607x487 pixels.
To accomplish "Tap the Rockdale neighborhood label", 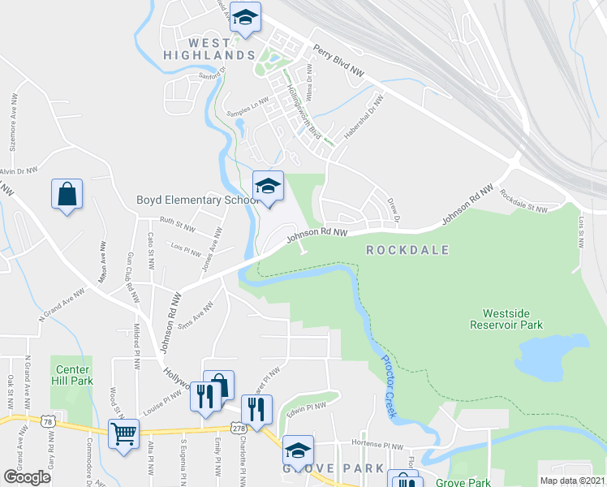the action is click(x=407, y=250).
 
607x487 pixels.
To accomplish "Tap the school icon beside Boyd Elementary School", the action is click(x=268, y=186).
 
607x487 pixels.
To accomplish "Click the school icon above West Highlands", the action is click(x=244, y=16).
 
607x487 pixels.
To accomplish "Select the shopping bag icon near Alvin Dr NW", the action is click(x=67, y=194).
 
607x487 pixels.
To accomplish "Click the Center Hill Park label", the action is click(x=71, y=375).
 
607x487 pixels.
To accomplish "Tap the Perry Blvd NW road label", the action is click(x=338, y=60).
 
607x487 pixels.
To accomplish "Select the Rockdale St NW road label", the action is click(x=524, y=202).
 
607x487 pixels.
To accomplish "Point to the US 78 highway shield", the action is click(x=50, y=421).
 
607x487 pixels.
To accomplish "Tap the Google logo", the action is click(x=28, y=477).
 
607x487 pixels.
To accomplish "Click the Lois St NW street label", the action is click(x=581, y=231).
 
